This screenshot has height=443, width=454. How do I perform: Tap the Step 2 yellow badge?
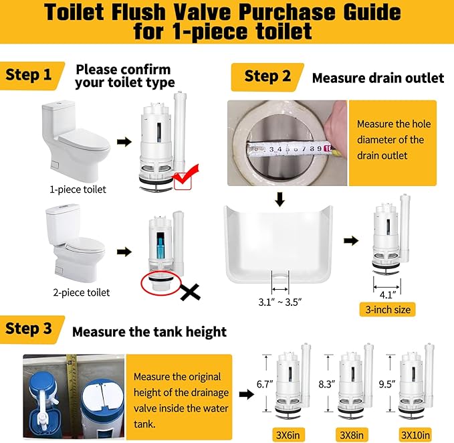(265, 76)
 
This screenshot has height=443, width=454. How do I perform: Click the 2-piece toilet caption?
(81, 292)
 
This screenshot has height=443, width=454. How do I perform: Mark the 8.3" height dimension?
(326, 384)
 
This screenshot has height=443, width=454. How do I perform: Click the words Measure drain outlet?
(378, 78)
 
